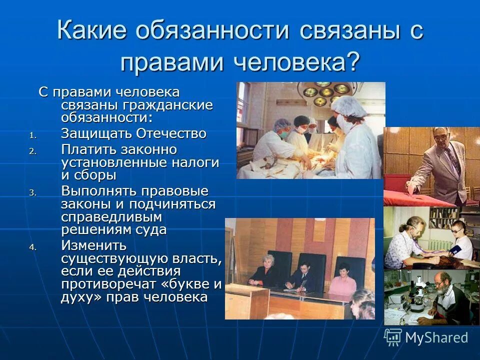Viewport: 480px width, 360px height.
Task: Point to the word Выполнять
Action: (x=99, y=191)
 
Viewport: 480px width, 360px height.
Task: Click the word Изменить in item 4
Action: (x=94, y=245)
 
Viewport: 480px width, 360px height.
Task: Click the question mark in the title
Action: (x=352, y=62)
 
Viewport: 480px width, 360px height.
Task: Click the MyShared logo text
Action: (x=436, y=337)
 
